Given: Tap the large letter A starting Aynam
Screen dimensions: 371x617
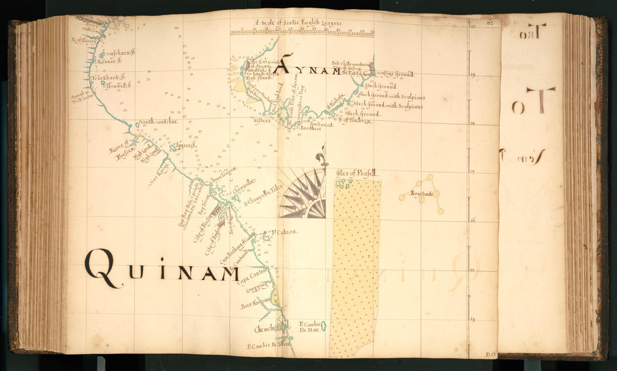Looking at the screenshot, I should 285,65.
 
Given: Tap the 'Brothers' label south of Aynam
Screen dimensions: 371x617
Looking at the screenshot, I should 310,128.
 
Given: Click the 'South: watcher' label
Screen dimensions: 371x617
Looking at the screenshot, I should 158,121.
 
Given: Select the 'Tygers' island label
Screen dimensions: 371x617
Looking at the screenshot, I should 185,146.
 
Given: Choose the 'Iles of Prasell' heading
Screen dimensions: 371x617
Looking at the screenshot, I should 358,174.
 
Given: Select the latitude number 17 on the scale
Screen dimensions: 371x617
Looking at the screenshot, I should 473,172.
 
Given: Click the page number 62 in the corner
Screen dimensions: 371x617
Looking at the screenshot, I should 490,23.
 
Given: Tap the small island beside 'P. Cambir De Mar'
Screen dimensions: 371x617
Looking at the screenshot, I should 324,326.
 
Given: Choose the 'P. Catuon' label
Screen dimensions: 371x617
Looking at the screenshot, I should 284,232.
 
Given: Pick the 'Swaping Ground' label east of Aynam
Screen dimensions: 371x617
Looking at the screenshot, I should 395,74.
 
